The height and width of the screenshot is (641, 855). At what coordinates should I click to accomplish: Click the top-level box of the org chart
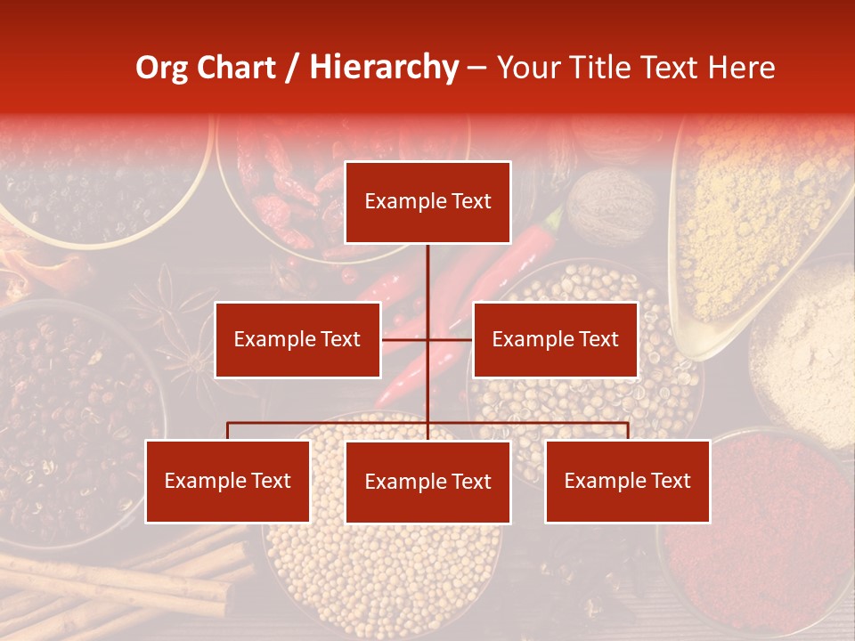click(427, 202)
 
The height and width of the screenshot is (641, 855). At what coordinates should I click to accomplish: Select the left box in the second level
click(297, 339)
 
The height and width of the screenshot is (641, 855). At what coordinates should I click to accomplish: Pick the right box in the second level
click(555, 339)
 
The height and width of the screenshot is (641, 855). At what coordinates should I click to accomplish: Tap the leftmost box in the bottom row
click(228, 482)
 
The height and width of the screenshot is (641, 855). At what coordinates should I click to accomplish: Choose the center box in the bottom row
click(427, 482)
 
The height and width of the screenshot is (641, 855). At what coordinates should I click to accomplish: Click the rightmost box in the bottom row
click(627, 482)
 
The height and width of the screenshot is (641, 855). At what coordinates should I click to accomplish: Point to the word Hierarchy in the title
click(384, 68)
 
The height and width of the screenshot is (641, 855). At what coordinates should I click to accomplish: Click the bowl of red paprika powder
click(757, 525)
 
